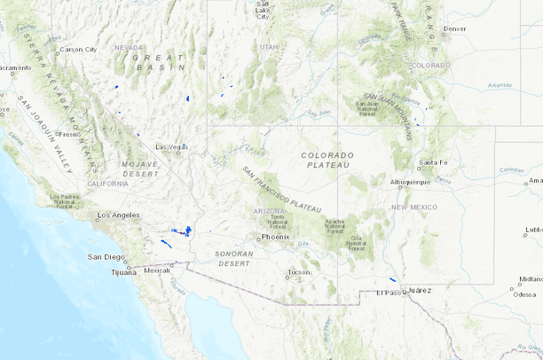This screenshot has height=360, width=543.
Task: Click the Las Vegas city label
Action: (x=171, y=146)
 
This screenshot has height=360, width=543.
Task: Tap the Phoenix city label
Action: (x=276, y=237)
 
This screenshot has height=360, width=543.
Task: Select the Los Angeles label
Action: (x=118, y=215)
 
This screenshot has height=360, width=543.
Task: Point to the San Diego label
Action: (x=106, y=257)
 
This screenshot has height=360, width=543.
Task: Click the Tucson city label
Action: (x=300, y=271)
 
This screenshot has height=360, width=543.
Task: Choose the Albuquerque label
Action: (x=410, y=182)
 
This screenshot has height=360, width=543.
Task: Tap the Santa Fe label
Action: (x=433, y=162)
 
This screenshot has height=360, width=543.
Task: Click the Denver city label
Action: (x=454, y=28)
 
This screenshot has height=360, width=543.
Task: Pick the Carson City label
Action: (x=78, y=50)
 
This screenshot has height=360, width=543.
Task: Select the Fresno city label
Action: (x=69, y=134)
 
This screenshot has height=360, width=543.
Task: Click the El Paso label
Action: (x=389, y=293)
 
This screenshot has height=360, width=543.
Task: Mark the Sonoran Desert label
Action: (x=235, y=259)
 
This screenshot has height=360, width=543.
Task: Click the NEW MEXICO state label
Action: (x=413, y=207)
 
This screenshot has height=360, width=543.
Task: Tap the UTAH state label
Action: (x=269, y=46)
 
